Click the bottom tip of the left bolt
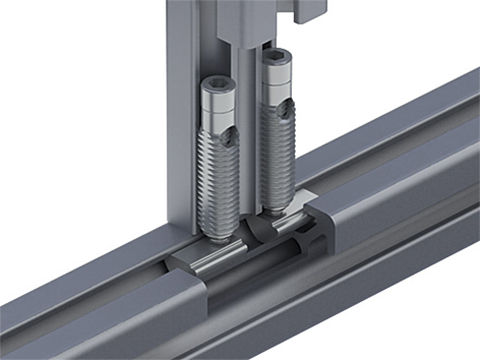pos(215,237)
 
